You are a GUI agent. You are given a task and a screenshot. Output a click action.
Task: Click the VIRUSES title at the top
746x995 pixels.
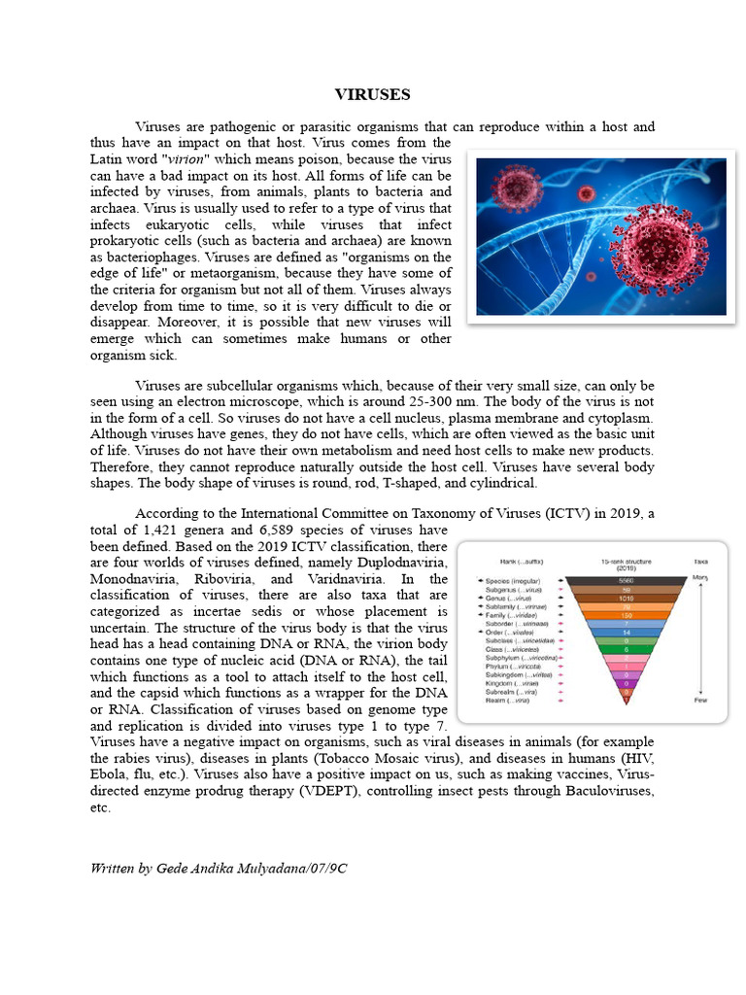[x=372, y=94]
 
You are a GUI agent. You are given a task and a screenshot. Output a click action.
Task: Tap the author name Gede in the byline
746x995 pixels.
[x=171, y=868]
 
